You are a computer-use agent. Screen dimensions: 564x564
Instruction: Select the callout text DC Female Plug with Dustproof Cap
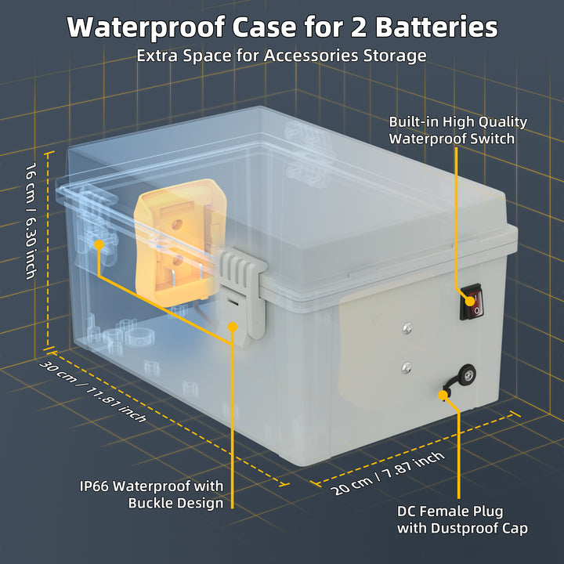point(462,519)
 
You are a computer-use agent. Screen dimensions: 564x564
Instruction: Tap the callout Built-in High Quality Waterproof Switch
point(458,130)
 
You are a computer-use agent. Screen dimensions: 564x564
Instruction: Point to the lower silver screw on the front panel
point(407,365)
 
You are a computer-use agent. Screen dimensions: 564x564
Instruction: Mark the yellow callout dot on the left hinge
point(99,245)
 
